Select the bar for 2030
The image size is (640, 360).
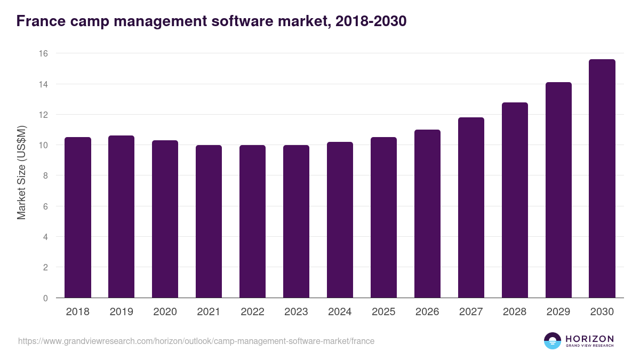point(602,179)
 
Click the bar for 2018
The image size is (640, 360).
point(78,218)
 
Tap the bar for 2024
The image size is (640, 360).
point(340,220)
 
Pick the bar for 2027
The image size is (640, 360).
point(471,207)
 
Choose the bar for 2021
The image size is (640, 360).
point(209,221)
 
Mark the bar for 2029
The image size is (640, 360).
point(558,190)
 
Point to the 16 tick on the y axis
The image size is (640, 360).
point(43,53)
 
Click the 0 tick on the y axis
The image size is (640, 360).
point(45,298)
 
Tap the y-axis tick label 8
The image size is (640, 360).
point(45,176)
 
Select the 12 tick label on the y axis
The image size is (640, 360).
point(43,115)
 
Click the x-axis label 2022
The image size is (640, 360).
point(252,312)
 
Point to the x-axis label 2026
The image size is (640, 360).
point(427,312)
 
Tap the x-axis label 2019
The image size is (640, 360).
point(121,312)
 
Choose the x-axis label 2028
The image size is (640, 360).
point(515,312)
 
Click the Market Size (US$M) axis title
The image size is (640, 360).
point(21,172)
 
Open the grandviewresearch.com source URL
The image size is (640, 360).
point(196,341)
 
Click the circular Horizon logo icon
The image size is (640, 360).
point(553,341)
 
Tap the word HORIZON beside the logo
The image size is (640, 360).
point(589,339)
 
